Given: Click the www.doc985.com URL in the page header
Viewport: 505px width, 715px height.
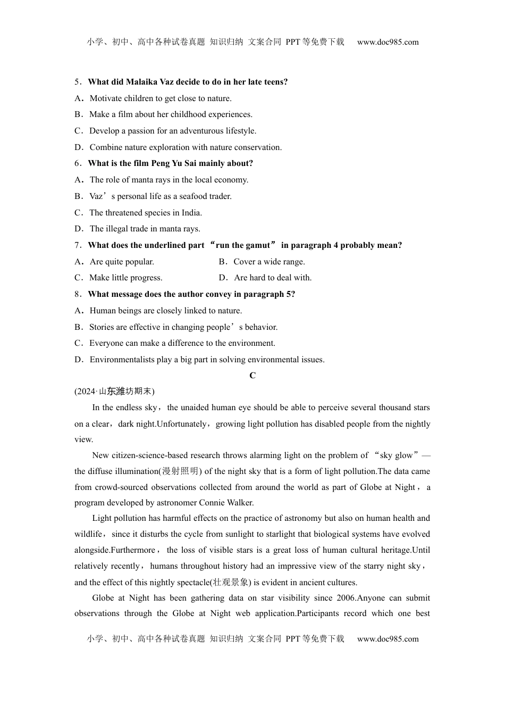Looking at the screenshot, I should (388, 42).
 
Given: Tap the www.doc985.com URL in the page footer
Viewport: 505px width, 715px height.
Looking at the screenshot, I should (388, 639).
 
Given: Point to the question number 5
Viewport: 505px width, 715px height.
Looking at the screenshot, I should (77, 82).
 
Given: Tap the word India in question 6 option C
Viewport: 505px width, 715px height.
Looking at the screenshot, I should (191, 213).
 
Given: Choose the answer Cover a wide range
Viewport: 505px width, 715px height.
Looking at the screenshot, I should (269, 262).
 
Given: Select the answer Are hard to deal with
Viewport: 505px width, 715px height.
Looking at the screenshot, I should (273, 278).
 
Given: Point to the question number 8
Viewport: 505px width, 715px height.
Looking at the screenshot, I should (77, 294).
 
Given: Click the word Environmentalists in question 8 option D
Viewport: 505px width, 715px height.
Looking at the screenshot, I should (121, 360).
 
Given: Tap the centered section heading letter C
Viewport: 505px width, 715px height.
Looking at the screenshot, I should (252, 376).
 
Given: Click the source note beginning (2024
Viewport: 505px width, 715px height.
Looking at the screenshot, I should (114, 392).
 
